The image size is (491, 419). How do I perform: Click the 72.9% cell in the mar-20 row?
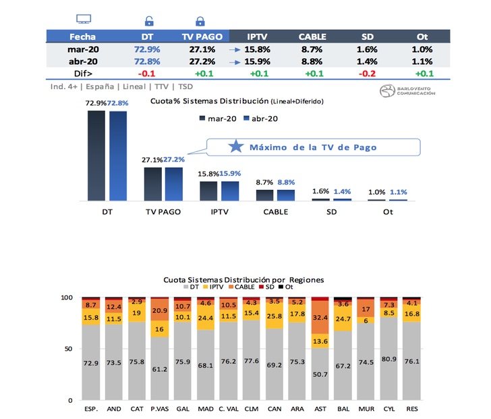146,49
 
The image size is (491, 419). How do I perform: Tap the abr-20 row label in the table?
83,61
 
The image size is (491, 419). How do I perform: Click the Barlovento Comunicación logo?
407,92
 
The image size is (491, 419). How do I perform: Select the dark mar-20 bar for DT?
96,155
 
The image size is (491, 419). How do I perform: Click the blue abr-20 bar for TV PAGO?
173,184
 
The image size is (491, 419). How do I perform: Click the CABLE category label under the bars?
275,212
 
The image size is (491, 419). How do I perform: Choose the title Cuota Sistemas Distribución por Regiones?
243,279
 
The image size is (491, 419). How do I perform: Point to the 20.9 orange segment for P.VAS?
160,310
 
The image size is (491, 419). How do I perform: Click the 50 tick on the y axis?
68,349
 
